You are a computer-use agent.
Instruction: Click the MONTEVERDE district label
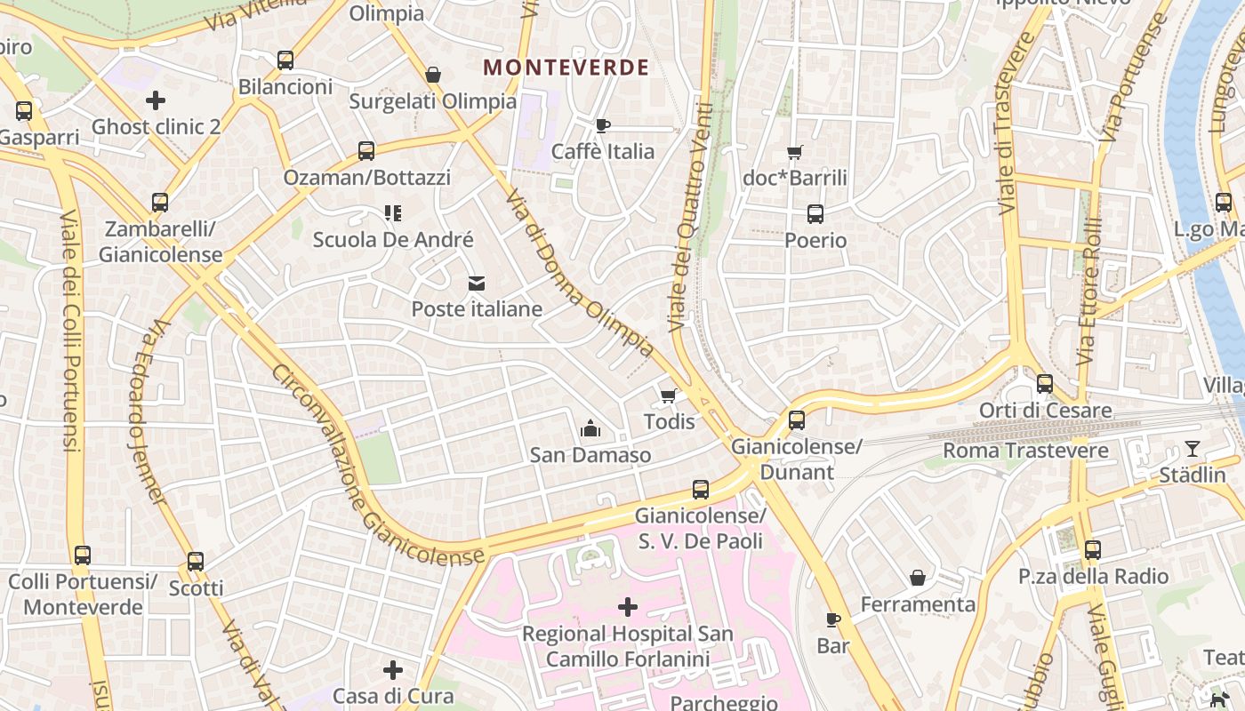[566, 68]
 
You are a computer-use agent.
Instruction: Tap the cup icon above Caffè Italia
[603, 125]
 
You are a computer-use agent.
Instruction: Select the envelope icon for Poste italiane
[477, 284]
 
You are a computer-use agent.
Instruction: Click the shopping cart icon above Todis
[669, 395]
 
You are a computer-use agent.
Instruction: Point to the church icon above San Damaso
[590, 429]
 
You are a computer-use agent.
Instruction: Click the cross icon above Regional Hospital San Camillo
[628, 607]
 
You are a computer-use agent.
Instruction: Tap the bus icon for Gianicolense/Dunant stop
[797, 419]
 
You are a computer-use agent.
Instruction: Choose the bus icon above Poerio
[815, 214]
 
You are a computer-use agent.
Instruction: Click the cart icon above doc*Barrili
[795, 152]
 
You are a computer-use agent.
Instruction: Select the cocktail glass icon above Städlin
[1193, 449]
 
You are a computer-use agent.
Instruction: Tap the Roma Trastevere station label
[1025, 451]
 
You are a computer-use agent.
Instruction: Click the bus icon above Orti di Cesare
[1045, 384]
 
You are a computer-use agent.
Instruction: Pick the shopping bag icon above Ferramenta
[918, 579]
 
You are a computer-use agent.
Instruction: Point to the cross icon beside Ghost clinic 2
[156, 100]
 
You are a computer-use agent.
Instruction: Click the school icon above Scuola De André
[392, 213]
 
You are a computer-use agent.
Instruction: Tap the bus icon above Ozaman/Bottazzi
[366, 151]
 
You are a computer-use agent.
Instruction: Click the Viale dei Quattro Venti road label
[692, 218]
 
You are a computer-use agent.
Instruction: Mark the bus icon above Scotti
[196, 562]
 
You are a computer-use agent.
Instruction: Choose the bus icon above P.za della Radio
[1093, 550]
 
